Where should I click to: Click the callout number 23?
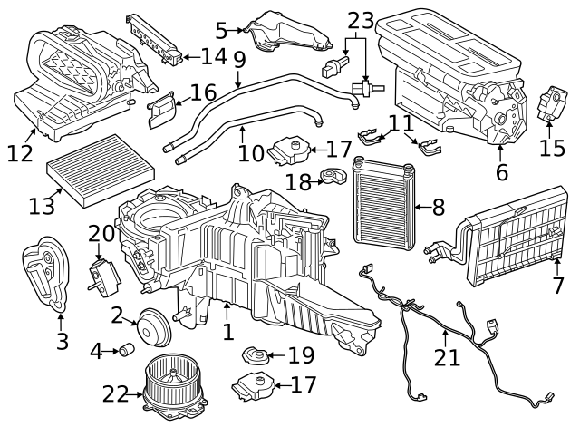point(361,21)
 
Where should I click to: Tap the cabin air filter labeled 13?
point(101,170)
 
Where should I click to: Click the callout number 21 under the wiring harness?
point(447,357)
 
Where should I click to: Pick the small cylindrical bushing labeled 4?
point(127,349)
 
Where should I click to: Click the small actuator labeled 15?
point(552,103)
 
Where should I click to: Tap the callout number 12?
point(20,153)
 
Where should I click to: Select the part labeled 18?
point(334,176)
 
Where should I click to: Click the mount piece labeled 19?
point(255,354)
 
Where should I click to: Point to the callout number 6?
point(501,171)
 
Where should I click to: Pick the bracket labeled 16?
point(161,110)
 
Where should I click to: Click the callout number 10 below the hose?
point(251,153)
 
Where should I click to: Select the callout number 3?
point(63,341)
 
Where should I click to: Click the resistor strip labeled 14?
point(154,38)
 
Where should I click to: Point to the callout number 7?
point(558,286)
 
